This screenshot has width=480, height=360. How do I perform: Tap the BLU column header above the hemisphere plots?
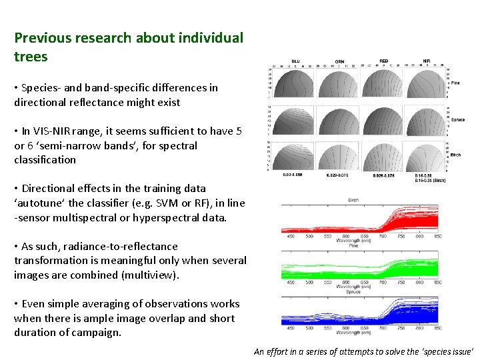pos(295,61)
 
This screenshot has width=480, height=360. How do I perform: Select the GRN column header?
pos(339,61)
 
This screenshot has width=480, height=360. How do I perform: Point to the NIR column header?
pos(426,61)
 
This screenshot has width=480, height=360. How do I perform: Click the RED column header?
pos(383,61)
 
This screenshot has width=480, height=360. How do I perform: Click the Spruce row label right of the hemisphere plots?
pos(458,120)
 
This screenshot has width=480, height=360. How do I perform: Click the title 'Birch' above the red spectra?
pos(354,199)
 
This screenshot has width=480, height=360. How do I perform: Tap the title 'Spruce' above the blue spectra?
pos(355,291)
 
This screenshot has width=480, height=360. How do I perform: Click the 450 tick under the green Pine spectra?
pos(291,281)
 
